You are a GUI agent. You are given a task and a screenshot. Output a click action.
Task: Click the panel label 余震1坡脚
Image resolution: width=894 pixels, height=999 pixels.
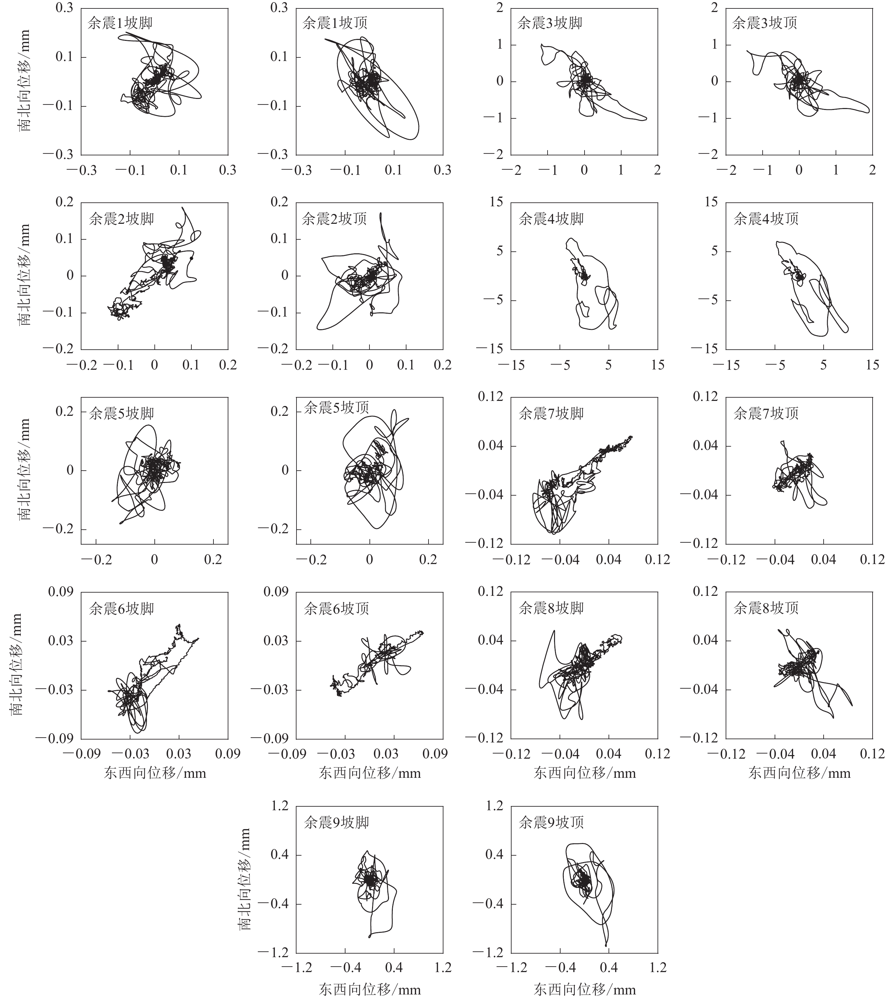click(120, 23)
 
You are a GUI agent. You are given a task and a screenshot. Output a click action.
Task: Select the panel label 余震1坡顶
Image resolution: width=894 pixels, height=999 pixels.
click(335, 23)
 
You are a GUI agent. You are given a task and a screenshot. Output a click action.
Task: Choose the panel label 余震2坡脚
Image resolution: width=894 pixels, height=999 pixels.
click(121, 219)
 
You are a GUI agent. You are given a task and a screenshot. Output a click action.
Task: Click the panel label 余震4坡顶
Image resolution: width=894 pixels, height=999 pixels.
click(766, 219)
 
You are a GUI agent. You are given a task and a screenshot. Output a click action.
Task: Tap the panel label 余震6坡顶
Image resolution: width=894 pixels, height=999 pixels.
click(336, 608)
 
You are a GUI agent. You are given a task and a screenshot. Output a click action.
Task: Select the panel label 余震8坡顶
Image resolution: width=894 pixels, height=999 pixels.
click(766, 608)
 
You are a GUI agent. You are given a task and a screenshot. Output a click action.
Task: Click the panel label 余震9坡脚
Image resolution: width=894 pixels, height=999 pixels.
click(336, 822)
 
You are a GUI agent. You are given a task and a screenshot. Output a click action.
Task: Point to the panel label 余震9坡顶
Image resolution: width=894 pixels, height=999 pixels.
click(551, 822)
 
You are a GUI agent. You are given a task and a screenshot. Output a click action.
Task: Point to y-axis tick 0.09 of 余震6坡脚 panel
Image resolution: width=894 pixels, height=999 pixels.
click(60, 592)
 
